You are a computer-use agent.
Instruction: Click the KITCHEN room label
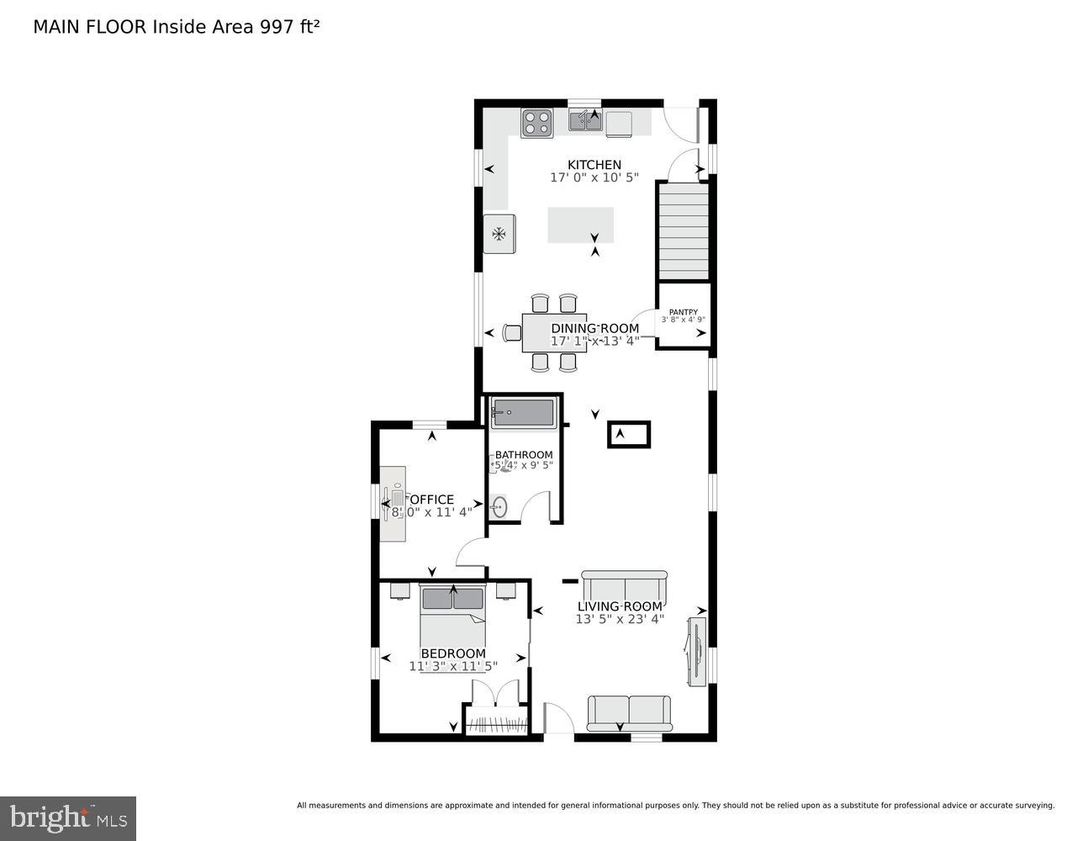pos(594,165)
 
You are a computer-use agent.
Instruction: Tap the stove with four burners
pos(536,123)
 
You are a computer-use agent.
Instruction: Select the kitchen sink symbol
pos(585,123)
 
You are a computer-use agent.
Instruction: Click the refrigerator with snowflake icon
pos(499,233)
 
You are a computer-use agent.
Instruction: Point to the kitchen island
pos(580,225)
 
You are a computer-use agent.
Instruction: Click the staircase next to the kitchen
pos(683,231)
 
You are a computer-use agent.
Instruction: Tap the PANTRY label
pos(683,312)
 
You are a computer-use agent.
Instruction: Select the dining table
pos(551,332)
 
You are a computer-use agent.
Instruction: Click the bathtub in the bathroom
pos(523,413)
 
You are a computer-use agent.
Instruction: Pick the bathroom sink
pos(499,507)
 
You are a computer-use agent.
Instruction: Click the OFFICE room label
pos(431,500)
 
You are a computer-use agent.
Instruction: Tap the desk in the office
pos(393,504)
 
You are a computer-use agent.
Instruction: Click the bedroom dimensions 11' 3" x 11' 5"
pos(453,666)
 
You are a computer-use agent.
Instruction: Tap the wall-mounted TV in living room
pos(696,651)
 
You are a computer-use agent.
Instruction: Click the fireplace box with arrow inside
pos(628,435)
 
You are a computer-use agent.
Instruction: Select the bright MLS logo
pos(68,817)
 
